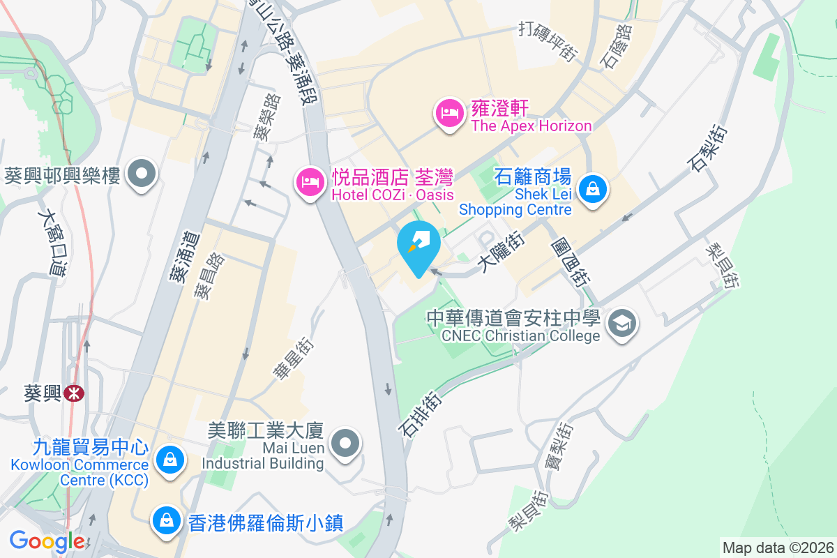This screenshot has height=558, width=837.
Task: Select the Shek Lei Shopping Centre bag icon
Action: (x=592, y=189)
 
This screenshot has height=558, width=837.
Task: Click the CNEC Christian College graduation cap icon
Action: (x=620, y=323)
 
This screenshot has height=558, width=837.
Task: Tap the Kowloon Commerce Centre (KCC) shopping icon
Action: (x=169, y=458)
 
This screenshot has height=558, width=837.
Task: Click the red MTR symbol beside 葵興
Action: (x=73, y=394)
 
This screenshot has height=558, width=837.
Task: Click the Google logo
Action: (x=47, y=541)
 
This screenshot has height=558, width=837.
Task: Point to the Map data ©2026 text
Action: (x=777, y=548)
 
